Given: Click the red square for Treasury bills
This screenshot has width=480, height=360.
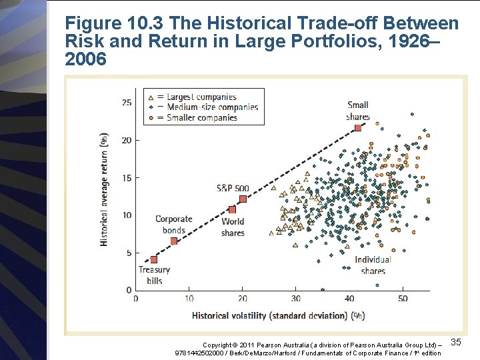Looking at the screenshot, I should (154, 259).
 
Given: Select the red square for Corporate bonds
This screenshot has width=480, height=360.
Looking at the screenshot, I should (175, 241).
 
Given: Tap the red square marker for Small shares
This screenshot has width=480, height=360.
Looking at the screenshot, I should (358, 127).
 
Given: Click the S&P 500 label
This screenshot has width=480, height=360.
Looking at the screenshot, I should (233, 189).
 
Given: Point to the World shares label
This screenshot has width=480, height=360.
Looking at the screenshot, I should (233, 227).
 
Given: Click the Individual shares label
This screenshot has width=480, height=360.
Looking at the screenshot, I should (373, 265).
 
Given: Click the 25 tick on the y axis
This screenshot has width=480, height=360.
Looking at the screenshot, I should (127, 103).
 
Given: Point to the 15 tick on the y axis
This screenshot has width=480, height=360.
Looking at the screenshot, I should (127, 178).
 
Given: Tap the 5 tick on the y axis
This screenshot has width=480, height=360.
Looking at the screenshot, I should (129, 253).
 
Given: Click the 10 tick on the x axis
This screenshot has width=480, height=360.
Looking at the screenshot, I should (189, 298).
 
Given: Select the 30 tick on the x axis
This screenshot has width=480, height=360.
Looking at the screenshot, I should (296, 298).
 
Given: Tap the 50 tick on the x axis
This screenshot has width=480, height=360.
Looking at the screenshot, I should (403, 298).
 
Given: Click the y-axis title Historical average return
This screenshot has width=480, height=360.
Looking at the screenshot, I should (105, 189).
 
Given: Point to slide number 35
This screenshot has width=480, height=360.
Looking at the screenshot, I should (456, 342).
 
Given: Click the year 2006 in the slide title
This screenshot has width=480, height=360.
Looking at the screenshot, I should (86, 59).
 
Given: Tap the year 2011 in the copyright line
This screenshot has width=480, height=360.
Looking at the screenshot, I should (252, 345).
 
